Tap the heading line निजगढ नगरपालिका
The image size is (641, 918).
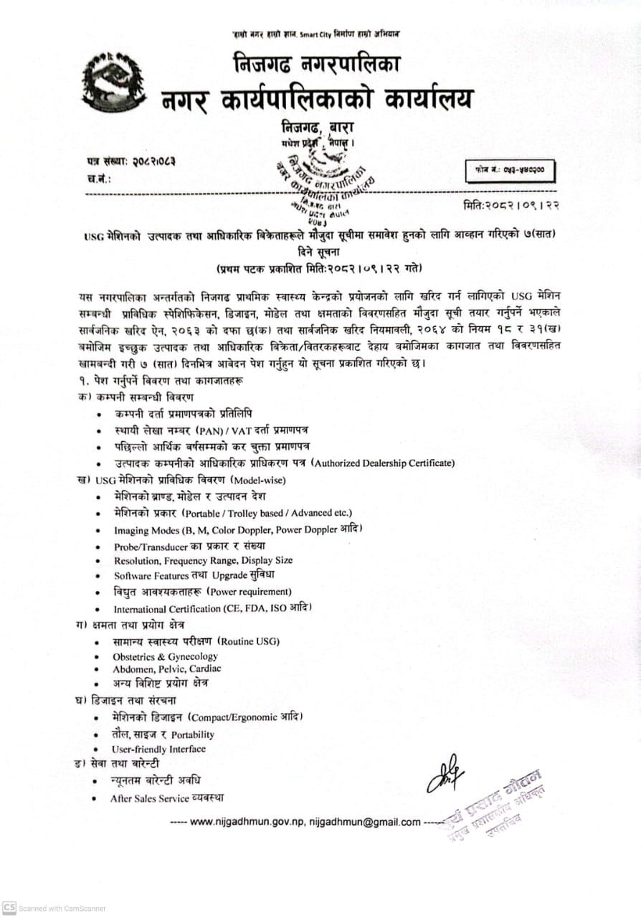coord(316,65)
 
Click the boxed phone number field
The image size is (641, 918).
coord(510,172)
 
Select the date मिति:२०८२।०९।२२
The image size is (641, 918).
coord(512,206)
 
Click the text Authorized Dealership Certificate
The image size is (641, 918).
coord(384,463)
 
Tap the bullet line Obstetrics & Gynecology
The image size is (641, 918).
coord(165,656)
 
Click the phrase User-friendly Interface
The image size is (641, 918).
coord(158,749)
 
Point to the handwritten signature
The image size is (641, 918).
coord(445,774)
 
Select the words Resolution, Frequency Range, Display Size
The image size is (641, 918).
coord(203,560)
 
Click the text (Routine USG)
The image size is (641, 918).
coord(249,641)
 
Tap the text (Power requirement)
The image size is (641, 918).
coord(249,592)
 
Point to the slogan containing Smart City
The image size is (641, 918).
coord(315,33)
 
